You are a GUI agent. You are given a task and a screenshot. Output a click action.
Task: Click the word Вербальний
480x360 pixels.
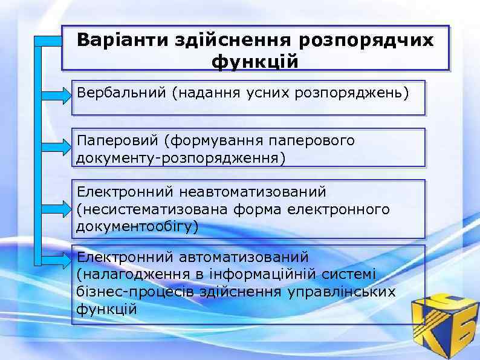(x=121, y=93)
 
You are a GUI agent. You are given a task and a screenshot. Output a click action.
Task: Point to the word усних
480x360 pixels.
(x=270, y=93)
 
